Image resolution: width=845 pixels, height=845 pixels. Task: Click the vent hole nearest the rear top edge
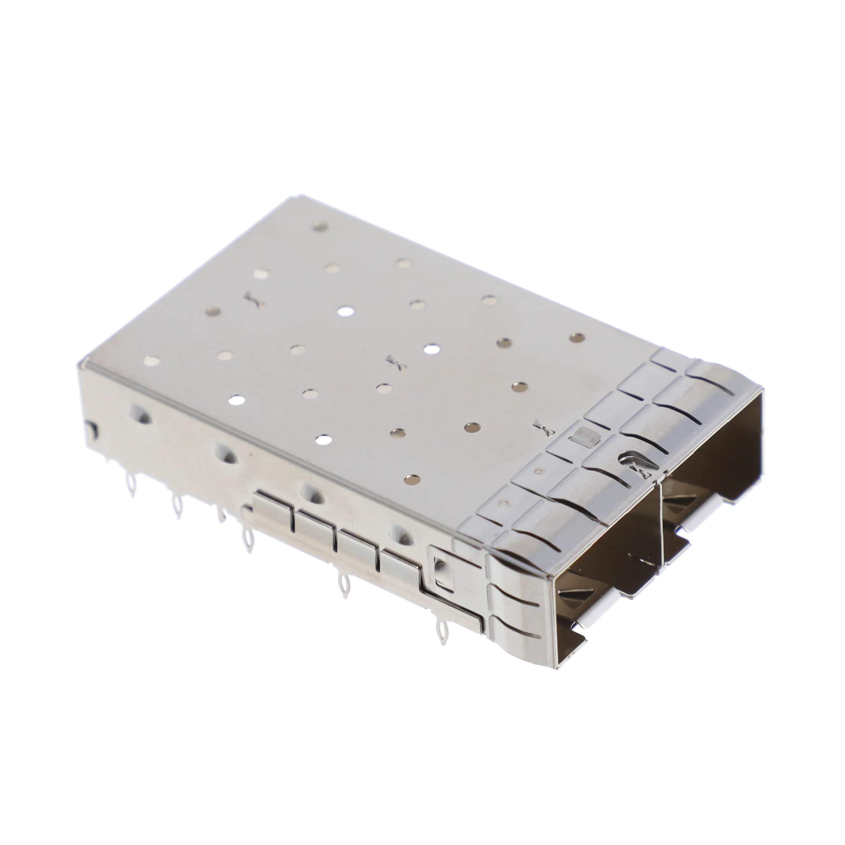pyautogui.click(x=320, y=226)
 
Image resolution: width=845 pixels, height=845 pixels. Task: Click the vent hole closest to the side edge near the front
pyautogui.click(x=410, y=480)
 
